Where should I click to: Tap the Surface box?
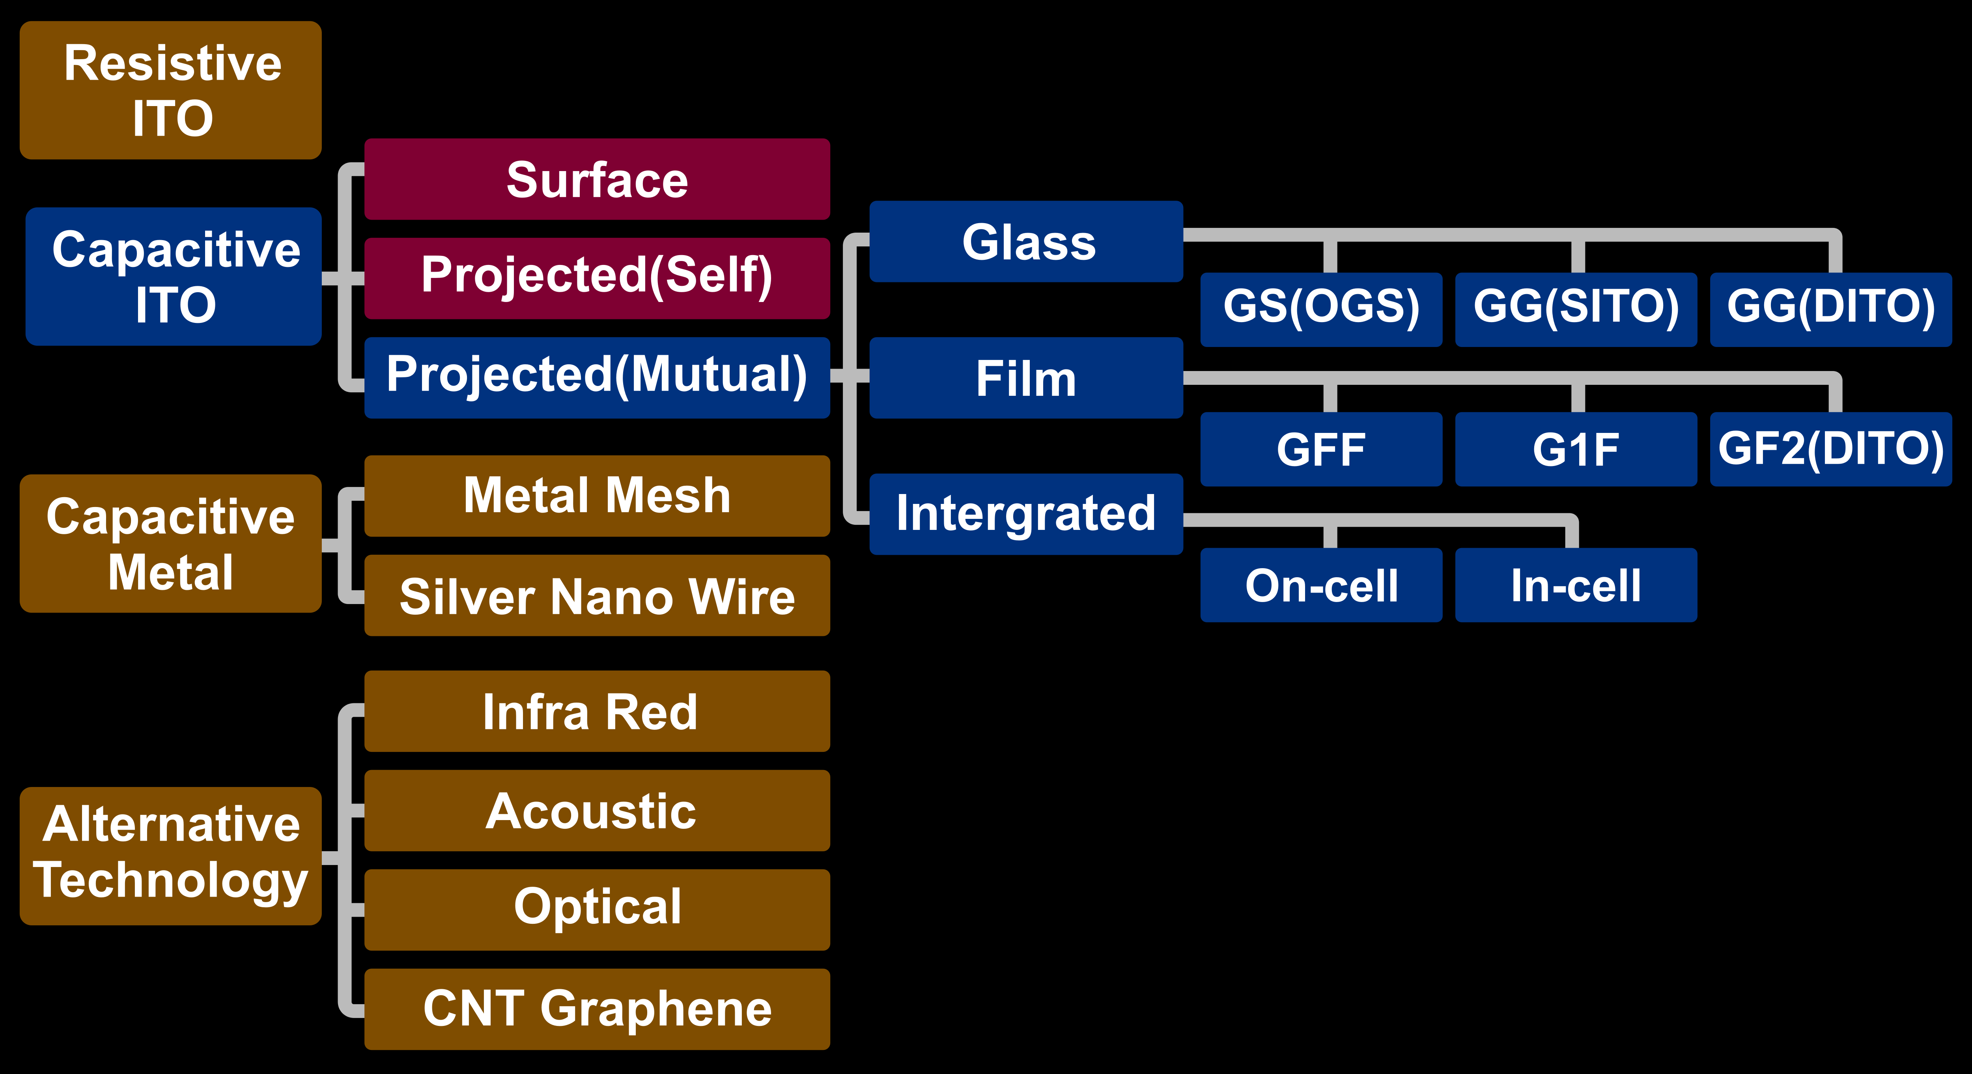click(597, 180)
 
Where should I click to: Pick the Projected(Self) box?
click(597, 278)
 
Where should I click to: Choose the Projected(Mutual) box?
click(597, 377)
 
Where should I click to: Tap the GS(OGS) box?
click(1321, 309)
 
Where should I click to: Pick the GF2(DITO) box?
click(1830, 449)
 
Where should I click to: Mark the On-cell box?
click(1321, 585)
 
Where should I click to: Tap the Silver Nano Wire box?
click(597, 596)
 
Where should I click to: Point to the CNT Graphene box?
click(597, 1009)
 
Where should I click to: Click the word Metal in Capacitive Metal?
click(171, 572)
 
